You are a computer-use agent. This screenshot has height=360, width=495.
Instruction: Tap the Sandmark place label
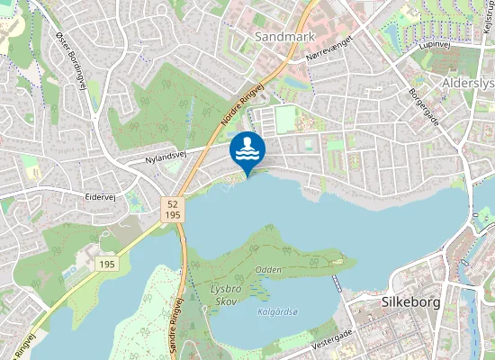285,37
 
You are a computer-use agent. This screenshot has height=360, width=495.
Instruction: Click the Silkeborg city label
410,302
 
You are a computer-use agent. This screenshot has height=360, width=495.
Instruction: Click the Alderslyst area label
469,83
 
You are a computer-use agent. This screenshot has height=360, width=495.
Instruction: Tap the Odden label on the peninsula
268,270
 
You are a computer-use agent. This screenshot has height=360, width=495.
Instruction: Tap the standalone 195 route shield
107,264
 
